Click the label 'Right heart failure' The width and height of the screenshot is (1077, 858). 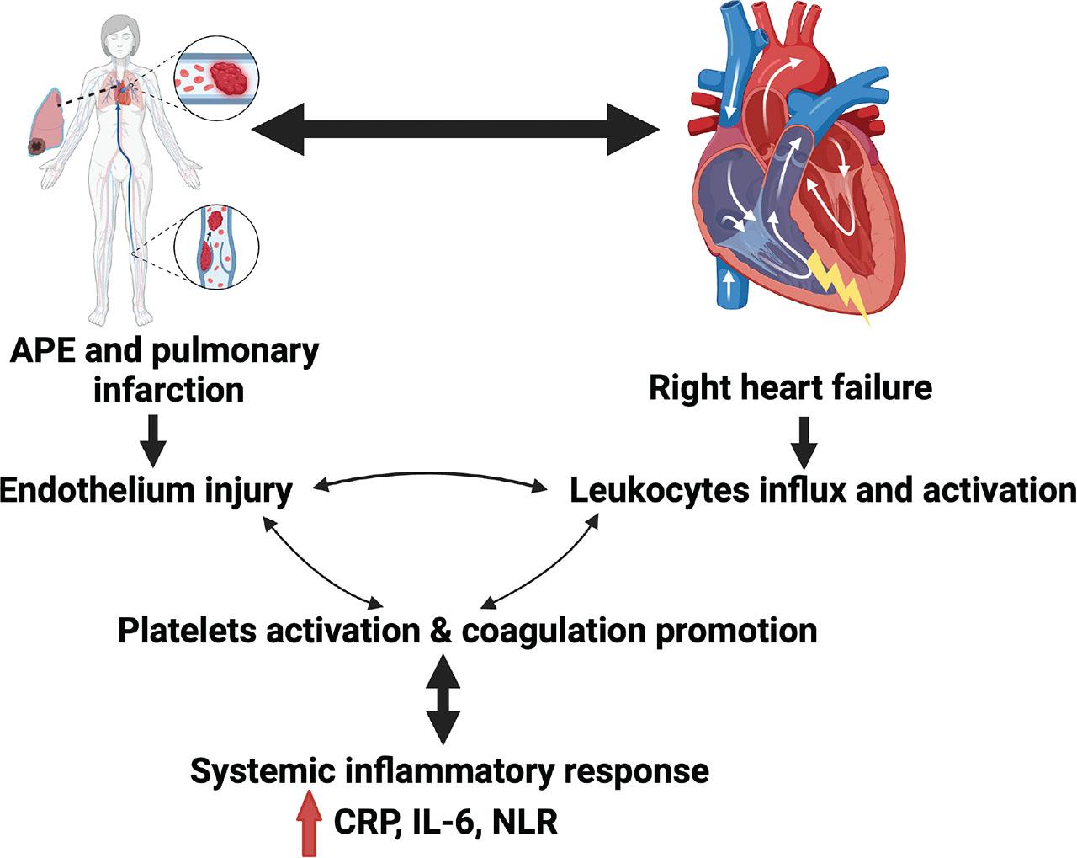(x=790, y=387)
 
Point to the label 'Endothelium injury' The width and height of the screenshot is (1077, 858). (x=146, y=490)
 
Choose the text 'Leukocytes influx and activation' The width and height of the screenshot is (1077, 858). (x=823, y=490)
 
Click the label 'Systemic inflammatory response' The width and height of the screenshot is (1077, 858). (x=449, y=770)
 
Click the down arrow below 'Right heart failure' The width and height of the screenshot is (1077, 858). (x=805, y=440)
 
